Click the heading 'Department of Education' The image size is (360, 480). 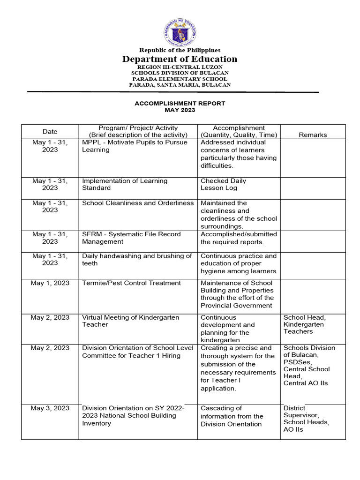[180, 59]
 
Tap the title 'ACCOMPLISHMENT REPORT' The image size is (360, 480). [180, 103]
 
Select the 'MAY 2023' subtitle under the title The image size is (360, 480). [180, 110]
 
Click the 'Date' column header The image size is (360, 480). [50, 132]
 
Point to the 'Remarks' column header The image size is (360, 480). [313, 135]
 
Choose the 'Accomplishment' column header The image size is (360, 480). [239, 128]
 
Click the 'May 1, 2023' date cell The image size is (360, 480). [50, 283]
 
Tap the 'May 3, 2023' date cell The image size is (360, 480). [50, 408]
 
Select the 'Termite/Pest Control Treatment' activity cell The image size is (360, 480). [131, 283]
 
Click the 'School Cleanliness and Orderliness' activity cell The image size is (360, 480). [138, 203]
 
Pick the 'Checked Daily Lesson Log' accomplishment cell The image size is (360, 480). [223, 184]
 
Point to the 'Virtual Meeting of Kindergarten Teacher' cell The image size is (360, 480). [130, 321]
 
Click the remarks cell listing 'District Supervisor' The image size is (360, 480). [306, 419]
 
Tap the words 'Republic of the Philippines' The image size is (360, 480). [180, 50]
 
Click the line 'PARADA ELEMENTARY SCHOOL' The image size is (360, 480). [180, 79]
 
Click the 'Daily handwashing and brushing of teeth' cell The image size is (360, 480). [137, 260]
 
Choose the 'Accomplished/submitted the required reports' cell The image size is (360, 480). [239, 238]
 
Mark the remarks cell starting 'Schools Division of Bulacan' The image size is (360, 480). [309, 366]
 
